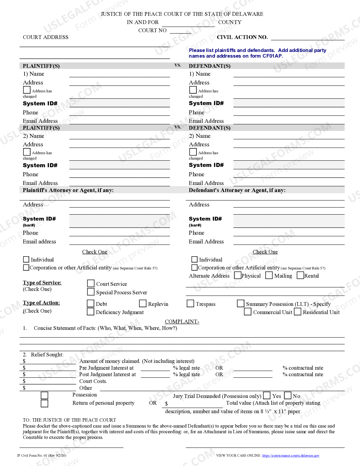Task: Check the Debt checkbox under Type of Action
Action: [91, 303]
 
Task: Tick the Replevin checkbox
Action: [143, 303]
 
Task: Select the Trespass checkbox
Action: [191, 303]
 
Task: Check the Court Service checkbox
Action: [91, 283]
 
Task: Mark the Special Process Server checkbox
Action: [91, 291]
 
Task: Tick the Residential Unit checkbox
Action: [298, 312]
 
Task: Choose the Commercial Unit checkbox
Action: [248, 312]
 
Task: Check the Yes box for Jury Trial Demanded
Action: [267, 395]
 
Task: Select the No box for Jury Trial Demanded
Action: [288, 395]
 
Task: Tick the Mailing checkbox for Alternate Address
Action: [269, 275]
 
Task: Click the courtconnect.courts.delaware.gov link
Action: [291, 456]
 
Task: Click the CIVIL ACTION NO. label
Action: [242, 37]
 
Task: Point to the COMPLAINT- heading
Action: [182, 321]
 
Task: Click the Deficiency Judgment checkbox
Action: [91, 312]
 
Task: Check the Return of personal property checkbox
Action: [45, 403]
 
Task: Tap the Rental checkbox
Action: [300, 275]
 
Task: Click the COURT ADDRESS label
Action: [45, 37]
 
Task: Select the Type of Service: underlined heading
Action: [42, 283]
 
